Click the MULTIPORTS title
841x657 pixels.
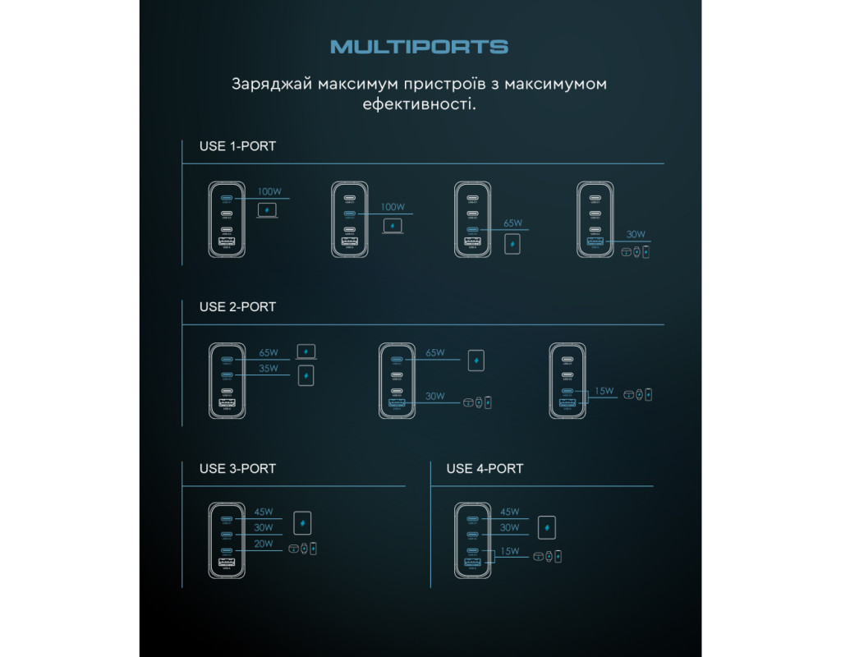click(419, 47)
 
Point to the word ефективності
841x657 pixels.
click(419, 105)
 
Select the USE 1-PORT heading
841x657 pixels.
click(237, 146)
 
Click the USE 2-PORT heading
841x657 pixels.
click(237, 306)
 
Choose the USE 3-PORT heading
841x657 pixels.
click(237, 468)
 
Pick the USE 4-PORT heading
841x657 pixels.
click(485, 468)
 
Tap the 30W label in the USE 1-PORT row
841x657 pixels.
click(636, 234)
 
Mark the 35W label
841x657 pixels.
click(269, 369)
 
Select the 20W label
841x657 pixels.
click(264, 544)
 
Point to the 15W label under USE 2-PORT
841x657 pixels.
click(604, 391)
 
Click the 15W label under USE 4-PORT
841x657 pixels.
click(509, 551)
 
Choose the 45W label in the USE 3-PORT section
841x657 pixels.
click(264, 512)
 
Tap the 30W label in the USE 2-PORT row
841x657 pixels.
click(435, 396)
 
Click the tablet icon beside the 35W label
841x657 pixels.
click(306, 376)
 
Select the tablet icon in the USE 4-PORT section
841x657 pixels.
click(546, 526)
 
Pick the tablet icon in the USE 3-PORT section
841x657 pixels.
click(303, 523)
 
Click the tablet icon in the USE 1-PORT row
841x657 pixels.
click(513, 244)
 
